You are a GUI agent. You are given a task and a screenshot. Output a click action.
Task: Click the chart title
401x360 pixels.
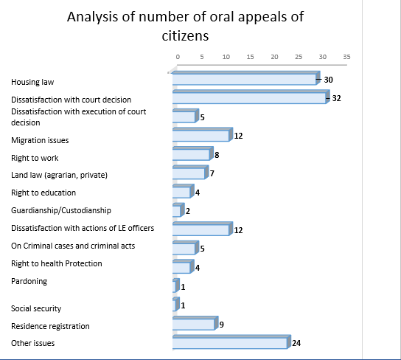tap(186, 26)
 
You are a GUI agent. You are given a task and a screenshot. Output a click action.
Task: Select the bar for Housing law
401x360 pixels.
tap(246, 78)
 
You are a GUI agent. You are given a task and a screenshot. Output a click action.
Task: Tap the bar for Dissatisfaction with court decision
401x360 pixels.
tap(251, 97)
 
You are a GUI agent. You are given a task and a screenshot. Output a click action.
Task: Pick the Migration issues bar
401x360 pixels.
tap(203, 134)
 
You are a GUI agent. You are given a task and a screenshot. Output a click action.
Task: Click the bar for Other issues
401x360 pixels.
tap(231, 342)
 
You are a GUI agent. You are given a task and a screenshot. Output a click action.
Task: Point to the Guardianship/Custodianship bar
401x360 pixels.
tap(178, 210)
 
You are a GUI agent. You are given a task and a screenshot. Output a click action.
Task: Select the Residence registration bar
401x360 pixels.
tap(195, 323)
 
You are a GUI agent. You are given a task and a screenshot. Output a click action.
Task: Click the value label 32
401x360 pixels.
tap(336, 98)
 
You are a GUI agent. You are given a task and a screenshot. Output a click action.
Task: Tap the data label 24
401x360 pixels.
tap(296, 343)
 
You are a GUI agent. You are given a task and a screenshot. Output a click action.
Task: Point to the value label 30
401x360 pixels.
tap(328, 80)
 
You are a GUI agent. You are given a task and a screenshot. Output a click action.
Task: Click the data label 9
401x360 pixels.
tap(221, 325)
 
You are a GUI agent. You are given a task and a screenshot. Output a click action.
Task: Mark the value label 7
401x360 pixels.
tap(212, 173)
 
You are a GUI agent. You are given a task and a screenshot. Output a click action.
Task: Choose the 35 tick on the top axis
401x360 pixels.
tap(346, 57)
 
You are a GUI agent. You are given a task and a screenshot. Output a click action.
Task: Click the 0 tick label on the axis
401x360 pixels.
tap(178, 57)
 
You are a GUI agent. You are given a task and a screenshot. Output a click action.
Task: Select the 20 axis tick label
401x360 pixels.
tap(274, 57)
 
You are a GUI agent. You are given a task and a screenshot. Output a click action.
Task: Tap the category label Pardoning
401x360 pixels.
tap(29, 281)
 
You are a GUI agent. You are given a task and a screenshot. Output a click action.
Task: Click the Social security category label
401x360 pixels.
tap(36, 308)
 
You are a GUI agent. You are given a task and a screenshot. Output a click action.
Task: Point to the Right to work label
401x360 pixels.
tap(35, 158)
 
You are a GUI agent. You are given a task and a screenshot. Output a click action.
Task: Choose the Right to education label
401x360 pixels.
tap(43, 193)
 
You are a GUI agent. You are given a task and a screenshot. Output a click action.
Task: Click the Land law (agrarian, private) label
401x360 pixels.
tap(59, 175)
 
